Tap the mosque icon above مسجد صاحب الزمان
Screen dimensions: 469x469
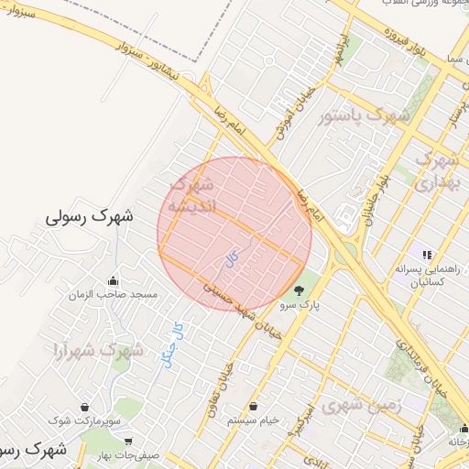click(x=113, y=280)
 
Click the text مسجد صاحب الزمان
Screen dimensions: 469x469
click(x=116, y=295)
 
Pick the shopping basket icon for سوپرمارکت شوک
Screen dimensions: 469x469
click(x=84, y=407)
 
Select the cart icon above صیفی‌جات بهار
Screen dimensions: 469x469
click(x=128, y=441)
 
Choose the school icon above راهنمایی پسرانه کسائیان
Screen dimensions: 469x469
click(x=425, y=254)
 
